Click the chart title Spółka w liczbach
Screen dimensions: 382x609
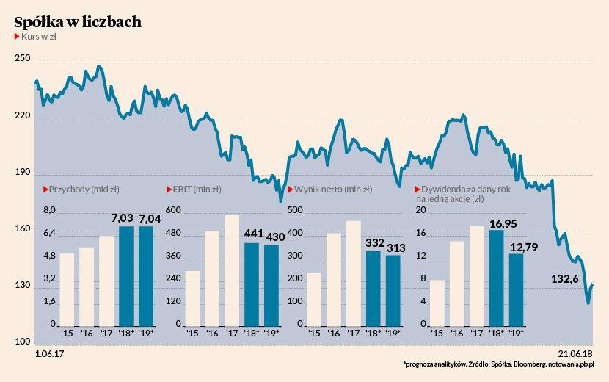point(78,22)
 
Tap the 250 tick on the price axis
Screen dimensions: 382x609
point(23,59)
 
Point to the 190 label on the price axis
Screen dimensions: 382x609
point(23,173)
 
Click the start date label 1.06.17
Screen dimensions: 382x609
point(49,354)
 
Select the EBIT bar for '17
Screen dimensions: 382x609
point(232,270)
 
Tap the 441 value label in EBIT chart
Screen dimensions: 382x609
point(253,234)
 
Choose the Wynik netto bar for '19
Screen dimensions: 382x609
point(393,290)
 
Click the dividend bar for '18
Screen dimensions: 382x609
point(496,278)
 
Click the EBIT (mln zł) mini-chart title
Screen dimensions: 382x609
point(197,190)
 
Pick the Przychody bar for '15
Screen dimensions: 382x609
point(67,289)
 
